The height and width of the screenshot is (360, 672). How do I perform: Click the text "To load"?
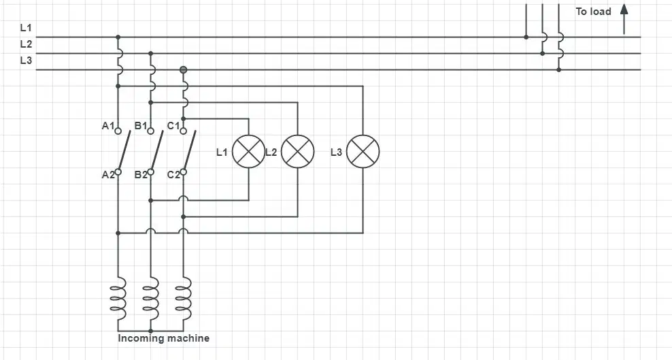tap(593, 12)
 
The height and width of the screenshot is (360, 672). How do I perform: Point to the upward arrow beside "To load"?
tap(624, 19)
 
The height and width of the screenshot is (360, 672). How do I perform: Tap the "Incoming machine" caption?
tap(164, 338)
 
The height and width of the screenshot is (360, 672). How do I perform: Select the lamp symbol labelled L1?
tap(248, 151)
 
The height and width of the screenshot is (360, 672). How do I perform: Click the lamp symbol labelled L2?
tap(298, 151)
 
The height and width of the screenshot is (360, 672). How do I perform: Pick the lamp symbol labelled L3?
tap(363, 151)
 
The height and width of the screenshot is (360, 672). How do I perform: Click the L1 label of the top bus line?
tap(26, 28)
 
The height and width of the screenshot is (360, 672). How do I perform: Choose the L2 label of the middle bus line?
tap(26, 44)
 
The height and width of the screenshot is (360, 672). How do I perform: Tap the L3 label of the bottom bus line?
tap(26, 61)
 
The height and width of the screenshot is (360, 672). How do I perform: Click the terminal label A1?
tap(108, 126)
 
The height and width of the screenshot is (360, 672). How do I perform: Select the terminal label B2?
tap(141, 175)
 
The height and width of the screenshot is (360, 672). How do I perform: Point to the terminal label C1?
tap(173, 126)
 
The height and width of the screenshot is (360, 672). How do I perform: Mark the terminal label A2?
tap(108, 175)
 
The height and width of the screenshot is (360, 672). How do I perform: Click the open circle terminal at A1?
tap(118, 131)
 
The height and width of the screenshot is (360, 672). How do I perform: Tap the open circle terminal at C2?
tap(184, 172)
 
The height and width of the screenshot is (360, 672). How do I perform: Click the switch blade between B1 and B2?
tap(157, 150)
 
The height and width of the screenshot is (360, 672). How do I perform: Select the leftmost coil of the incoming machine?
tap(119, 298)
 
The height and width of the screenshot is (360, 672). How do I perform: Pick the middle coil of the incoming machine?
tap(151, 298)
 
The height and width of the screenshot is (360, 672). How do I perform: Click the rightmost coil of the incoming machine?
tap(184, 298)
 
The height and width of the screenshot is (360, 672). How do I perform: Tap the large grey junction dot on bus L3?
tap(184, 69)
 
